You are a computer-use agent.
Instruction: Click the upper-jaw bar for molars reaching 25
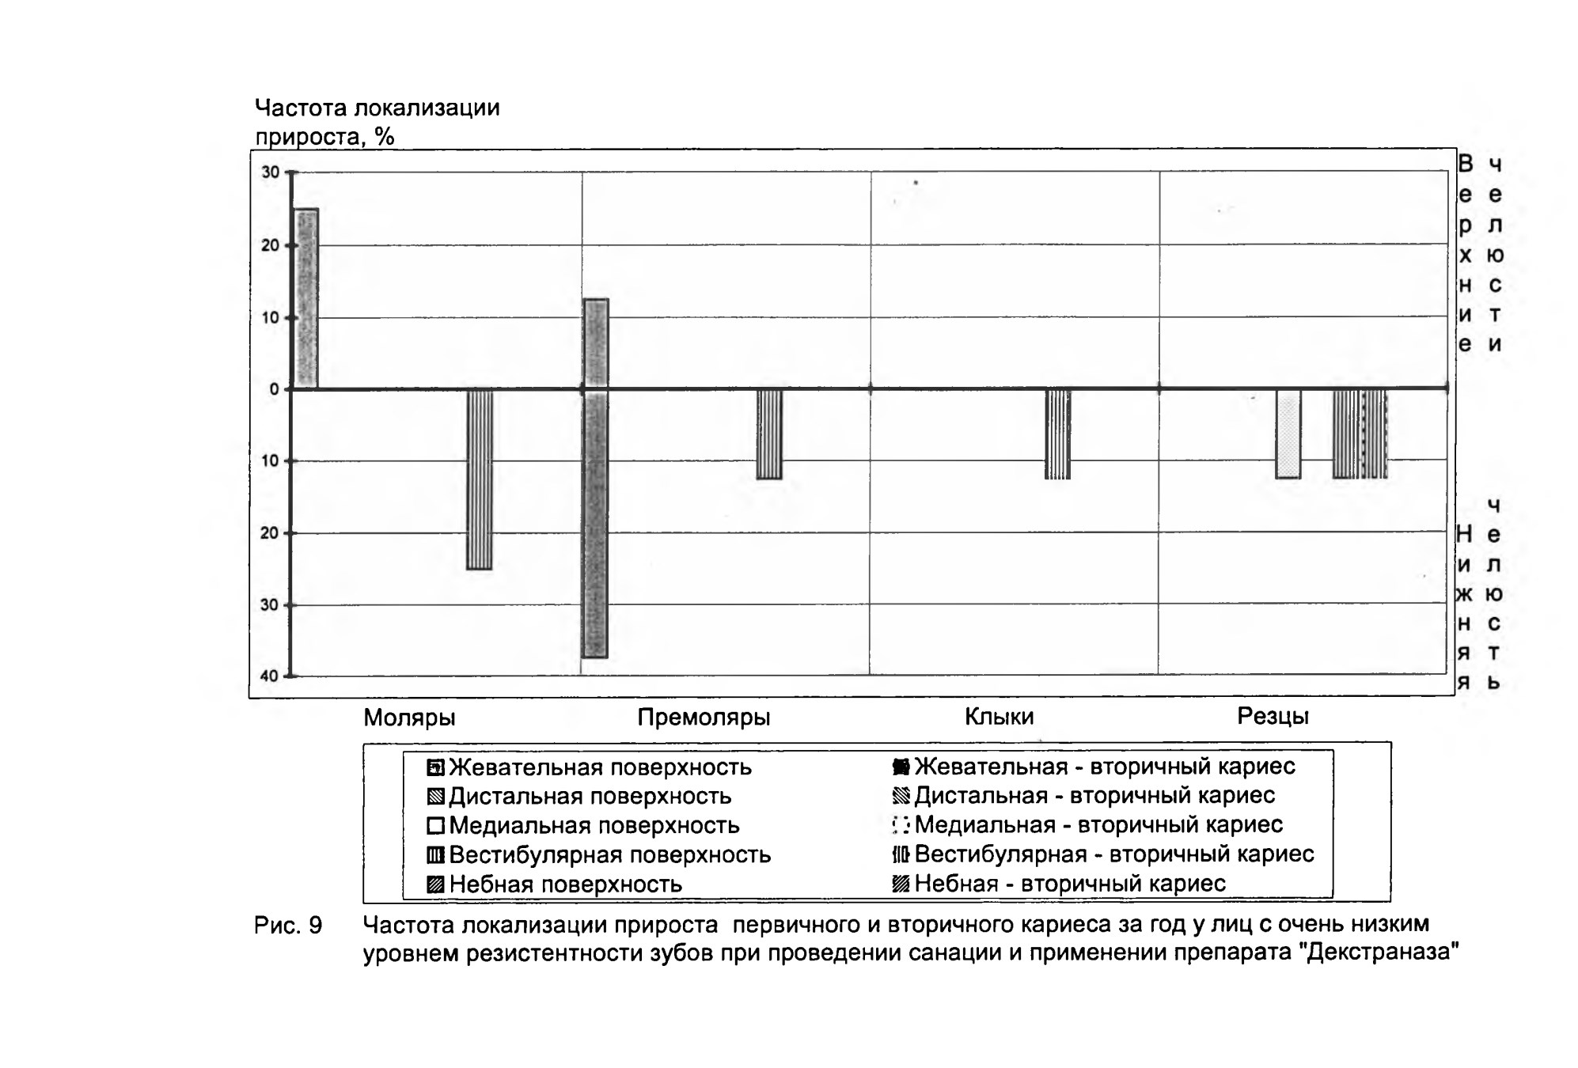(306, 299)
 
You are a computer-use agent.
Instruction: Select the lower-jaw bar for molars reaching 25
(480, 479)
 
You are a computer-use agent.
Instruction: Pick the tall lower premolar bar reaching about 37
(595, 524)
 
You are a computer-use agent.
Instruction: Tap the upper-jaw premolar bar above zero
(595, 344)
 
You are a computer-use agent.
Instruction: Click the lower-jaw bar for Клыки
(1058, 434)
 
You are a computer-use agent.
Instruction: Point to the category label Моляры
(409, 718)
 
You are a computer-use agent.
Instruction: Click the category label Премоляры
(704, 718)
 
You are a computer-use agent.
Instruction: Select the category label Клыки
(999, 717)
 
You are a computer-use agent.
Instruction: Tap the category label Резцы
(1273, 717)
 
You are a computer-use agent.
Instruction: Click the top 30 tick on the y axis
(271, 172)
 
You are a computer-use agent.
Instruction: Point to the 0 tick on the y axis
(275, 389)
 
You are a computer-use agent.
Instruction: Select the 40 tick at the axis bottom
(270, 676)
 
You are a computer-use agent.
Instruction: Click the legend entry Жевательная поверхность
(590, 767)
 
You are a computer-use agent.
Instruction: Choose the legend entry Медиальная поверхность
(583, 826)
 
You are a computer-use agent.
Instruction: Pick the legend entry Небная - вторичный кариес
(1059, 884)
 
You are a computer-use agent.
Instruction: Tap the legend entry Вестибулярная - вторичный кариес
(1103, 854)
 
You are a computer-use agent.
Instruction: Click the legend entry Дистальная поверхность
(579, 797)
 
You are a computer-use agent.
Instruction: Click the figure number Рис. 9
(288, 926)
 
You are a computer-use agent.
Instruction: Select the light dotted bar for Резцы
(1288, 434)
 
